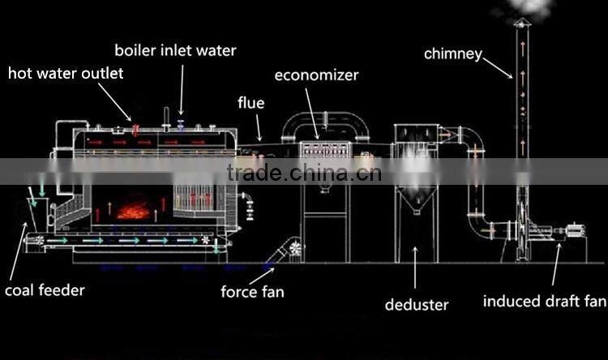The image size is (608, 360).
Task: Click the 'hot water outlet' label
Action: (x=66, y=74)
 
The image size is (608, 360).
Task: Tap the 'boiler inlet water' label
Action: (x=175, y=50)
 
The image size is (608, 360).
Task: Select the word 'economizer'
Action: (x=316, y=76)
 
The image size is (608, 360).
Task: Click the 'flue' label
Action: (x=250, y=103)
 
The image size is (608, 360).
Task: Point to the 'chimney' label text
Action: (x=453, y=54)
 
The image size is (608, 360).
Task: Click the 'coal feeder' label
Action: (x=44, y=289)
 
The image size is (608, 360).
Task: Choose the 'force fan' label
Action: (x=253, y=291)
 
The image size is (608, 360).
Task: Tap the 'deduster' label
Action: (x=417, y=305)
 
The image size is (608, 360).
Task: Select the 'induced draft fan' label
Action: (x=544, y=302)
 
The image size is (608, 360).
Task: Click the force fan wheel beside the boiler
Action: (x=293, y=248)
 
